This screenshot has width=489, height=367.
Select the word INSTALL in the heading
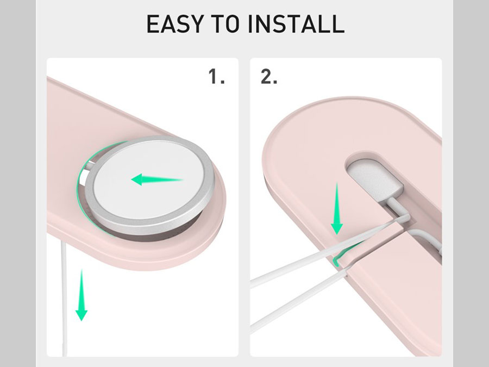[x=296, y=24]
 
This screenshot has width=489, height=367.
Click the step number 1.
[x=216, y=77]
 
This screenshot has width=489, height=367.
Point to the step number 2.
[x=268, y=77]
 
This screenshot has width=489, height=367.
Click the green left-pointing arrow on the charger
[x=157, y=179]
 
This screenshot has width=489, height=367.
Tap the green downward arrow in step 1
[x=81, y=295]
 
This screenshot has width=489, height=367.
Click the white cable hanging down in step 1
[x=64, y=296]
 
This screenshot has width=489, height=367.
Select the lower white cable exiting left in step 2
[x=299, y=299]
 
